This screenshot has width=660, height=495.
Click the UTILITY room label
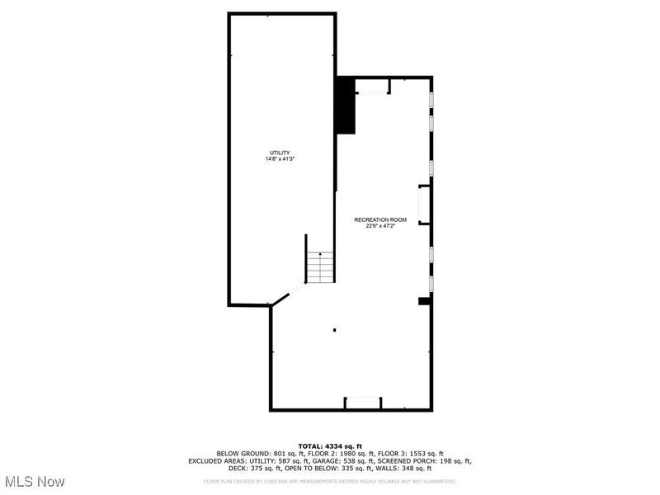point(280,153)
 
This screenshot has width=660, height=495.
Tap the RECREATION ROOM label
point(380,219)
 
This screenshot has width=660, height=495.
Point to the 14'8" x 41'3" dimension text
point(280,159)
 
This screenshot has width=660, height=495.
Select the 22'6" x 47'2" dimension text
point(380,226)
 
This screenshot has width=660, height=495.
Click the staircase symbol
point(321,266)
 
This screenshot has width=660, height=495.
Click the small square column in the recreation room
point(335,330)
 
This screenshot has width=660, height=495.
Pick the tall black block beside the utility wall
point(345,106)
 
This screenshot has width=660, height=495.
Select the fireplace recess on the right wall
point(424,205)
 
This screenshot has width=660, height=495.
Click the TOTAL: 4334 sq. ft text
point(329,446)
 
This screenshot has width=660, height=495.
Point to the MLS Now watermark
point(34,480)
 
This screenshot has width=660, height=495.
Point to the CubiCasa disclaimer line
point(329,481)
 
